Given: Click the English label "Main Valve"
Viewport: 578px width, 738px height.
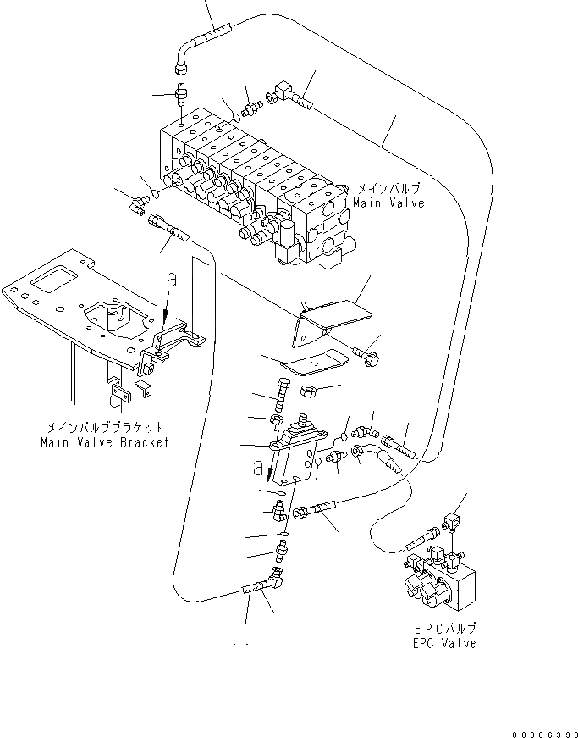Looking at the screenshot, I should (x=388, y=203).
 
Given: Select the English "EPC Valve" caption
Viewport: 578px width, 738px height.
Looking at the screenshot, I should (x=439, y=643).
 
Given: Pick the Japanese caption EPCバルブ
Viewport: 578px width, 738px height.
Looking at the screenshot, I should (x=439, y=629).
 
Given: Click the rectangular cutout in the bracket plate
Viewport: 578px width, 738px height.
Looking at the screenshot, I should (x=52, y=281).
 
